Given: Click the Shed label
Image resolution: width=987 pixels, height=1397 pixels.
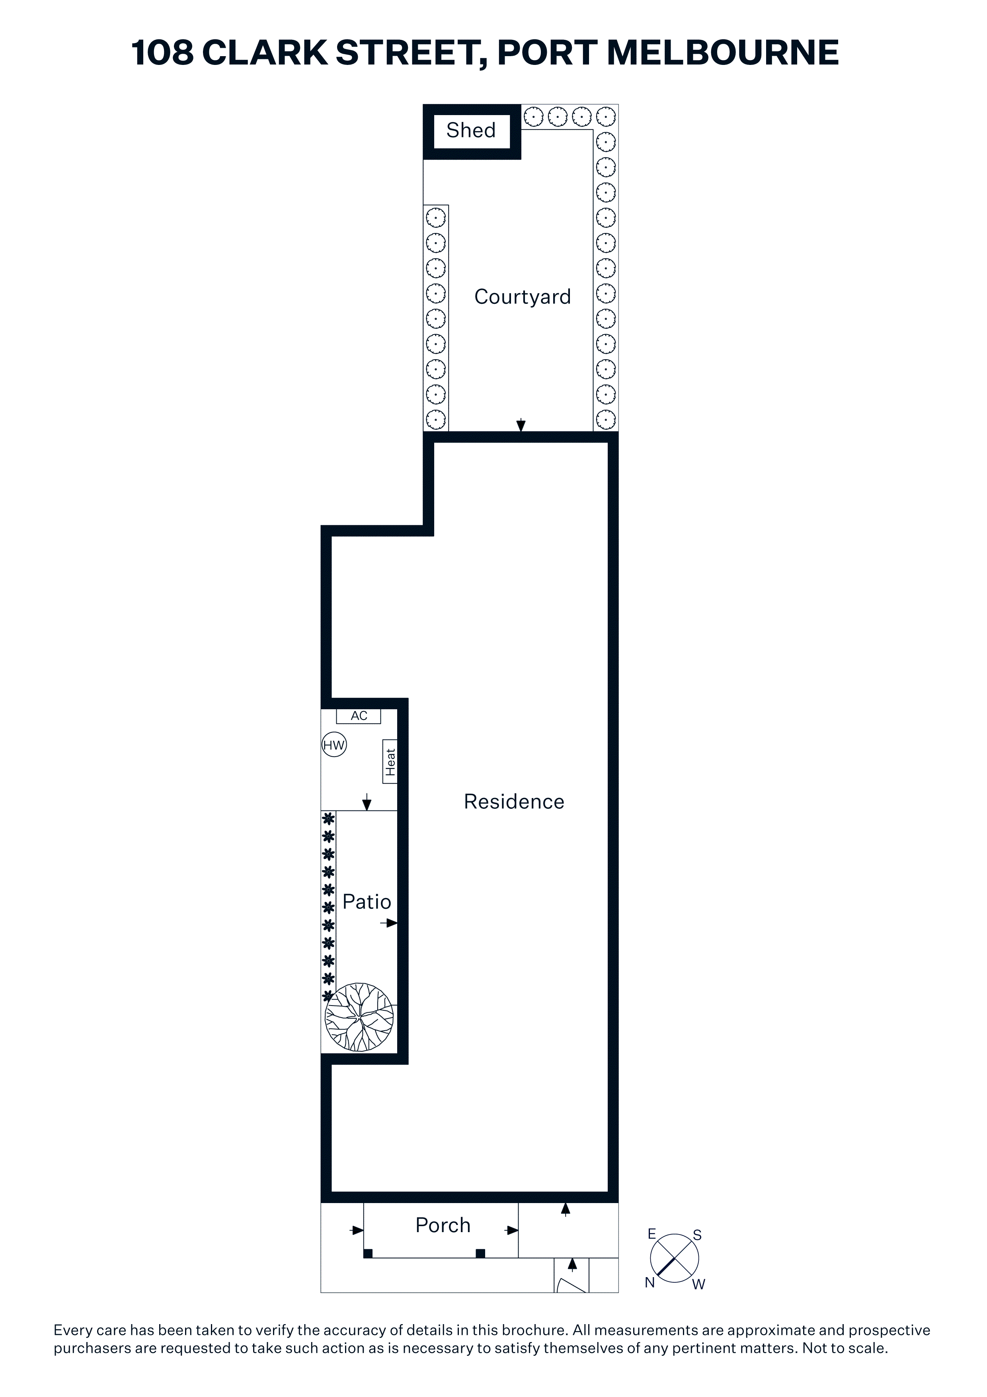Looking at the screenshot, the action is pos(471,130).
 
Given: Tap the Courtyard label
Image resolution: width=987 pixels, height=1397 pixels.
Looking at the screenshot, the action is pos(523,297).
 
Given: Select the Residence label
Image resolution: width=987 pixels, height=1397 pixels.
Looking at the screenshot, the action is pos(514,802).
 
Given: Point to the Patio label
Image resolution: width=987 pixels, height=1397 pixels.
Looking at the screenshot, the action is pos(367,902).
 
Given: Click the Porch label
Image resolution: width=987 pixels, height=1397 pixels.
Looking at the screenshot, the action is pos(443,1225).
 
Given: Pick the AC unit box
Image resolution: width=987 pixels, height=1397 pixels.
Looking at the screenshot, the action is pos(359,716).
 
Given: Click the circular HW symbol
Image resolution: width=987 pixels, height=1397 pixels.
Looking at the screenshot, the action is pos(334,745).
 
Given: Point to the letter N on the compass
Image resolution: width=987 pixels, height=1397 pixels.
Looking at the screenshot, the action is pos(650,1283).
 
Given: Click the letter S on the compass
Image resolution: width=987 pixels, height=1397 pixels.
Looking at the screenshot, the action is pos(698,1235).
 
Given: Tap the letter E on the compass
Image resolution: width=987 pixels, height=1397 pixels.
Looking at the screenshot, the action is pos(652,1234).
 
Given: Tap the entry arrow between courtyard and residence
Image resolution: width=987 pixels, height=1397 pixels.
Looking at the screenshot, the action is pos(521,425).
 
